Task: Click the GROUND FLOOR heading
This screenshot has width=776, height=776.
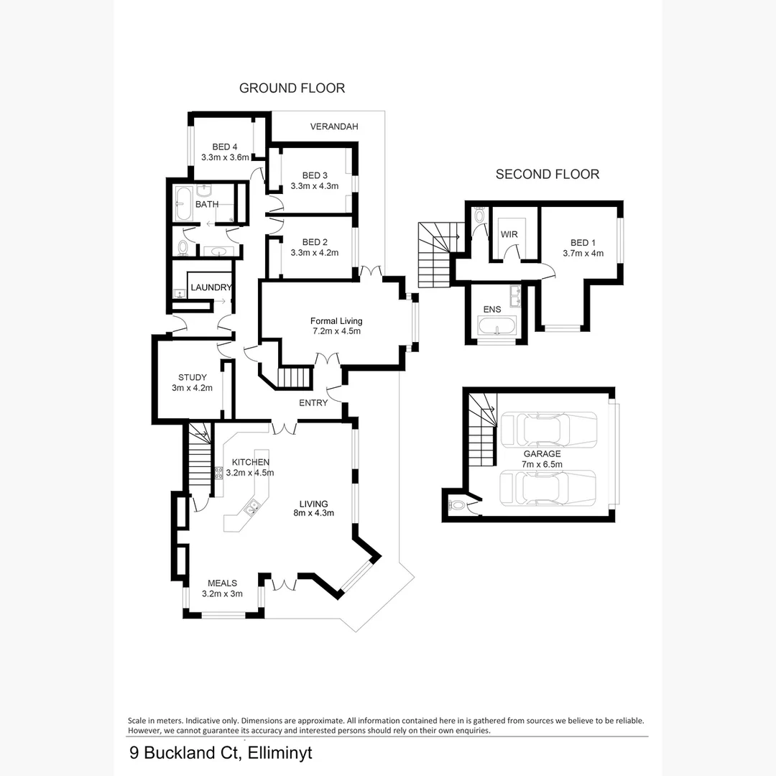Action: pyautogui.click(x=292, y=88)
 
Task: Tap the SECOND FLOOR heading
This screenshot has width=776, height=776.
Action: pyautogui.click(x=548, y=174)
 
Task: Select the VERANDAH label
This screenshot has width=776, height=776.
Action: pyautogui.click(x=334, y=127)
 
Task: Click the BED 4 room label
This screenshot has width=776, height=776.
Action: pyautogui.click(x=225, y=147)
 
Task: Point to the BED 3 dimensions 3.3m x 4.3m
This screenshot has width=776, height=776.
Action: pyautogui.click(x=315, y=185)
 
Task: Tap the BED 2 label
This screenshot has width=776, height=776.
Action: pyautogui.click(x=315, y=242)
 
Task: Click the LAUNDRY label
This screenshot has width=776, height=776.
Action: pyautogui.click(x=211, y=288)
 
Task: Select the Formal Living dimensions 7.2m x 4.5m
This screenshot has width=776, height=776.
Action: pyautogui.click(x=336, y=331)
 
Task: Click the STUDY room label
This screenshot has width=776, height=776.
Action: pyautogui.click(x=193, y=377)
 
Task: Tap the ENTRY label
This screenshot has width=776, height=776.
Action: pyautogui.click(x=313, y=403)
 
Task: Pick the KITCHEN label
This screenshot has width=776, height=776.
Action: pyautogui.click(x=251, y=462)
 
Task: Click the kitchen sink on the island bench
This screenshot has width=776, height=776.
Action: pyautogui.click(x=251, y=509)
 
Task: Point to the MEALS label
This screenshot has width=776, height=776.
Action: pyautogui.click(x=222, y=583)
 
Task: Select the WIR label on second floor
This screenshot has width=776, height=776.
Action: pyautogui.click(x=509, y=235)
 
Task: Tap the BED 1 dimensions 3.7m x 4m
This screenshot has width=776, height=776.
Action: pyautogui.click(x=583, y=253)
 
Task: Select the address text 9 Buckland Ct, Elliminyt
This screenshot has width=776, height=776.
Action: pyautogui.click(x=221, y=753)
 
